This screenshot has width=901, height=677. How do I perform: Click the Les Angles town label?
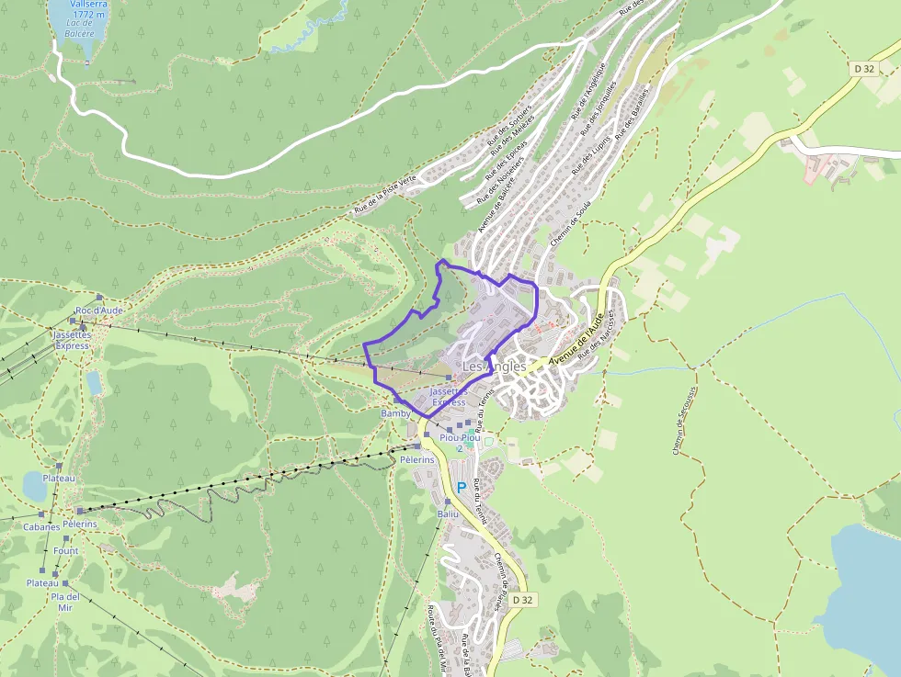point(494,366)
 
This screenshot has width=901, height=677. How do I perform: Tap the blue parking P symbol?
point(462,488)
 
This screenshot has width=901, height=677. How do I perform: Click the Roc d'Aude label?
point(99,310)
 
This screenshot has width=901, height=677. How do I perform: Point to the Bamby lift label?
point(395,413)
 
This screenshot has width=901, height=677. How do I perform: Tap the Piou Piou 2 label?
point(460,443)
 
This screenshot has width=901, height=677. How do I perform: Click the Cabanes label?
point(41,527)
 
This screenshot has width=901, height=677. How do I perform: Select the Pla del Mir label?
point(65,602)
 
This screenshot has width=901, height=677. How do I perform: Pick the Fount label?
point(66,551)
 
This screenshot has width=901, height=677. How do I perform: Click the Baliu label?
point(448,514)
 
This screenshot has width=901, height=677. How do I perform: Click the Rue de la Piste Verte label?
point(385,194)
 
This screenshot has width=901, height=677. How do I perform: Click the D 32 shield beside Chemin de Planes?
point(522,600)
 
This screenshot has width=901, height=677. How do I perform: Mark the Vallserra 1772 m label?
point(77,9)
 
